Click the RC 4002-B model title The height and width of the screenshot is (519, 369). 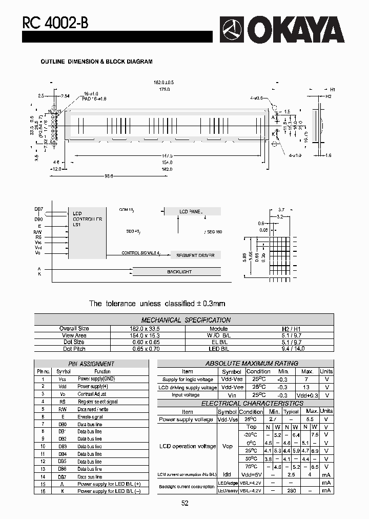click(x=51, y=23)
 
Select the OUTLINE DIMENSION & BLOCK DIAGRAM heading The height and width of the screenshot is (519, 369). click(x=96, y=62)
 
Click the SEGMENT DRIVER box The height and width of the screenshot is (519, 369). click(x=195, y=255)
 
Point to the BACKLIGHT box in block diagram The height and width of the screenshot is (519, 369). click(x=179, y=271)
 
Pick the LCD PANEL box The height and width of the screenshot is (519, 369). click(x=192, y=211)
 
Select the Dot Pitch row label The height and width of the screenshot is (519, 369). click(x=74, y=349)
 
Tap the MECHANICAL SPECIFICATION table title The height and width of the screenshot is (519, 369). click(x=186, y=320)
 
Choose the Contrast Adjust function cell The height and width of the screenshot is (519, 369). click(x=92, y=394)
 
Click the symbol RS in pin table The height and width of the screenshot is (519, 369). click(x=63, y=402)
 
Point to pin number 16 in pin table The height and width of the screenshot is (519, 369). click(x=43, y=491)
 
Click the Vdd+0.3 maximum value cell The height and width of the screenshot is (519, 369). click(x=307, y=395)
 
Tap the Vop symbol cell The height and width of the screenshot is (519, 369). click(x=227, y=446)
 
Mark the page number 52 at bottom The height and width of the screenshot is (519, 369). click(x=184, y=503)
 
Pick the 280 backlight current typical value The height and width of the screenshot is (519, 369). click(x=291, y=491)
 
